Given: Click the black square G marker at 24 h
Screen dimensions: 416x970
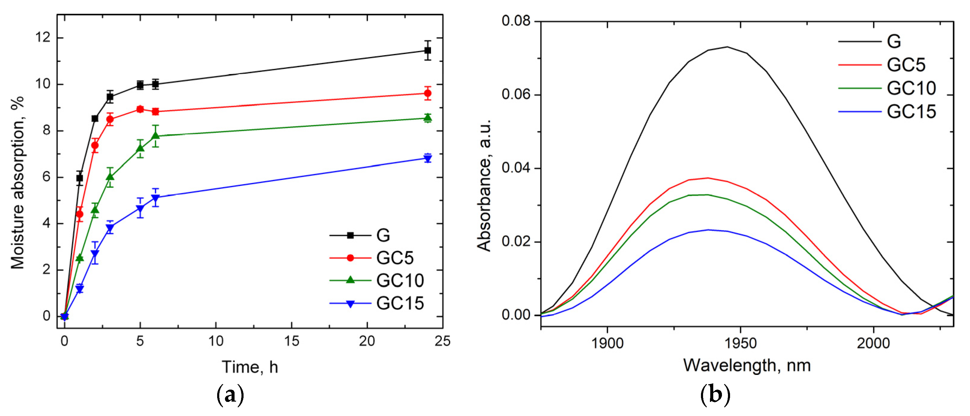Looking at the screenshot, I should [427, 50].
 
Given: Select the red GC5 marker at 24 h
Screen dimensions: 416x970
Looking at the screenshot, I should [427, 93].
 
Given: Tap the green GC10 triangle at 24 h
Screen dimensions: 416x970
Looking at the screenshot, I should [427, 118].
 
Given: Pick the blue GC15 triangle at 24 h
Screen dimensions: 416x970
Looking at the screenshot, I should [427, 158].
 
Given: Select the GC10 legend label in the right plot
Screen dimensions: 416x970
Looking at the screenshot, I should [911, 88].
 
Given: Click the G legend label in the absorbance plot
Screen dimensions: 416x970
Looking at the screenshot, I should [894, 41].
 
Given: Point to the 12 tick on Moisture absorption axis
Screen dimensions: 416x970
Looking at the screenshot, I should [43, 38].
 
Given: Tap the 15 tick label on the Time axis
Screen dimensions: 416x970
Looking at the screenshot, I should [292, 341].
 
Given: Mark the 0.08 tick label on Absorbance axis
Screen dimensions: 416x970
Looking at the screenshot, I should [516, 21].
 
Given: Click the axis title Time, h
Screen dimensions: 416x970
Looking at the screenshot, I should [250, 367].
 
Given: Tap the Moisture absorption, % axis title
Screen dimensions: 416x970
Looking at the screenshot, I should [17, 182].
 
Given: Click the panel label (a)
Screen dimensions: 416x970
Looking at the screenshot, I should [230, 395].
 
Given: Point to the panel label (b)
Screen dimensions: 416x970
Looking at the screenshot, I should [715, 395].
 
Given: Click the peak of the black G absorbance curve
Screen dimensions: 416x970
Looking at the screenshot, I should [727, 47].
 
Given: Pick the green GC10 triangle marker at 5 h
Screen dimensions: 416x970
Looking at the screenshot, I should [140, 148].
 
